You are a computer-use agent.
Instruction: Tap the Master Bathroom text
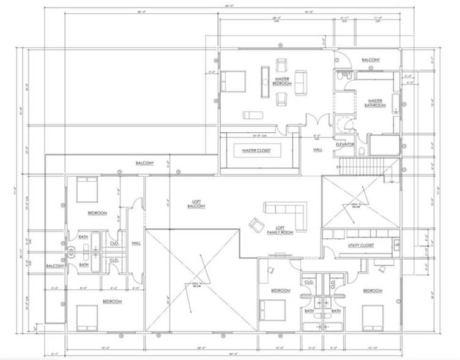(375, 103)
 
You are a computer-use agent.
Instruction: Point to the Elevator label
(345, 144)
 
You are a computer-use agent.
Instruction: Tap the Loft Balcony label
(196, 204)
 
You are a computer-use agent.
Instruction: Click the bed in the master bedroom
(232, 81)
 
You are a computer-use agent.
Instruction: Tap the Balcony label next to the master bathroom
(371, 59)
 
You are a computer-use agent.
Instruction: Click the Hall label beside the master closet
(318, 149)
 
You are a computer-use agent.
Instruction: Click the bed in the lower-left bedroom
(87, 317)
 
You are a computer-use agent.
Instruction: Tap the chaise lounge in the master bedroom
(253, 114)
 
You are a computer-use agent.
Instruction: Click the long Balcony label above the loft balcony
(144, 163)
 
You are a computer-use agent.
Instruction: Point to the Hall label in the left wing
(136, 243)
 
